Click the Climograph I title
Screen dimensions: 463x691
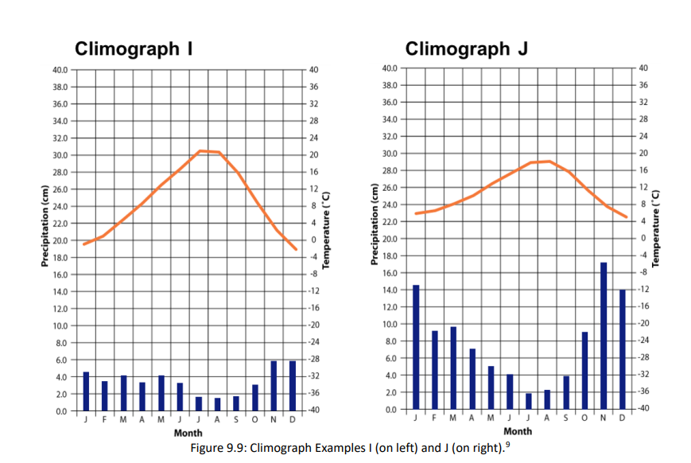[134, 49]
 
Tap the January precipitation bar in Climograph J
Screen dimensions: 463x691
[416, 347]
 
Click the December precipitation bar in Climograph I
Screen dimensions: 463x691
[293, 386]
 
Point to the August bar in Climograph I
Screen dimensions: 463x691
[217, 404]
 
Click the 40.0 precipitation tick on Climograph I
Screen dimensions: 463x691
[60, 70]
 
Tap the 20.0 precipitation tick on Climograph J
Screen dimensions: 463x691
[390, 239]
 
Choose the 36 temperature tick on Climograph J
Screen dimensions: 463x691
[642, 85]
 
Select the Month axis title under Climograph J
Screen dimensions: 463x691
[518, 431]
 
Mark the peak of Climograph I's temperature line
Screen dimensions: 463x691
[203, 150]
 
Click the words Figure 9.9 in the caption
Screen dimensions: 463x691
[216, 448]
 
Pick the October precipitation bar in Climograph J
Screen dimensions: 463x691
[584, 371]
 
